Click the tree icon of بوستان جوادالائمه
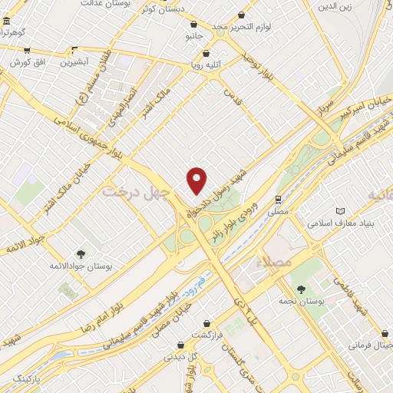81,254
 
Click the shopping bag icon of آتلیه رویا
206,54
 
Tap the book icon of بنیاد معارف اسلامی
341,210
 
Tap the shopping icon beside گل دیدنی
180,346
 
